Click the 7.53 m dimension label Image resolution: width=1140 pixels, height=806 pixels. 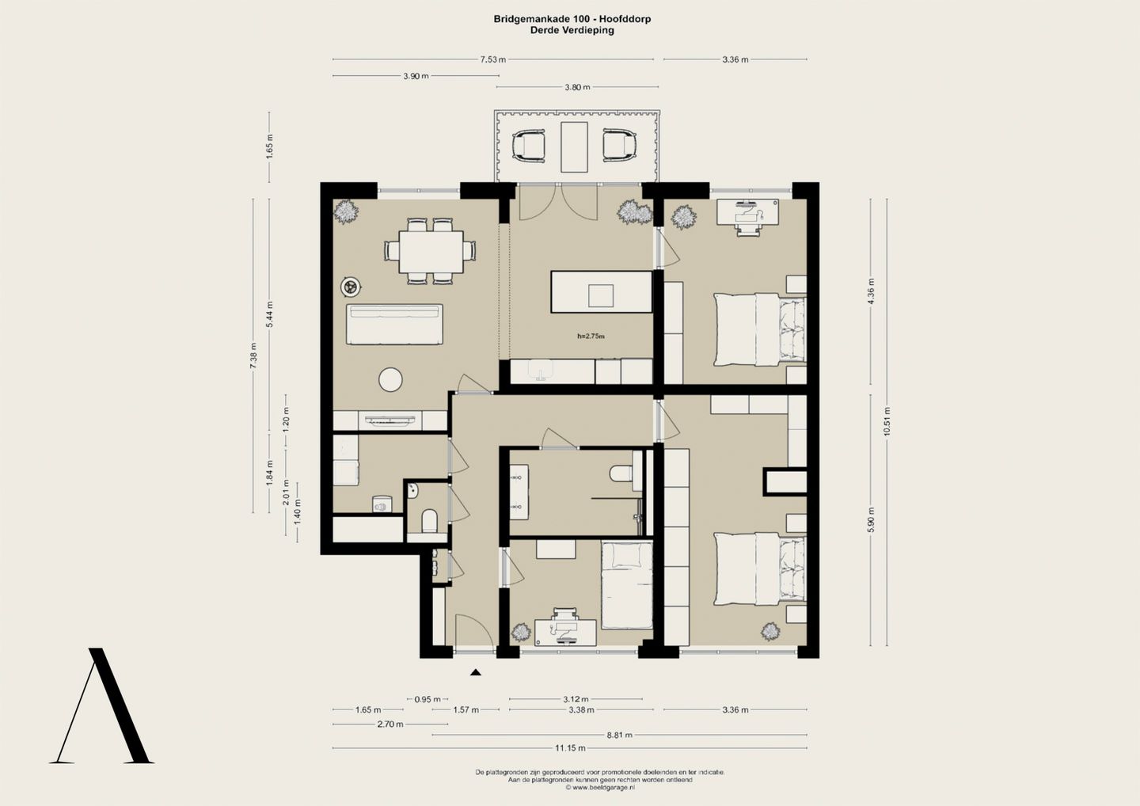pyautogui.click(x=493, y=59)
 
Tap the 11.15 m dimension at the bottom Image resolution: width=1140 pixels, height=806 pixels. pyautogui.click(x=570, y=748)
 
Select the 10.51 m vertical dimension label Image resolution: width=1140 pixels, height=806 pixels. pyautogui.click(x=887, y=421)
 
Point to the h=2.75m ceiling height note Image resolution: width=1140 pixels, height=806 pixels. pyautogui.click(x=591, y=336)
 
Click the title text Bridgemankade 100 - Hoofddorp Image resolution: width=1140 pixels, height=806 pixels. pyautogui.click(x=572, y=19)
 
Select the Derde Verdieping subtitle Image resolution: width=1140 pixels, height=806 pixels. pyautogui.click(x=572, y=30)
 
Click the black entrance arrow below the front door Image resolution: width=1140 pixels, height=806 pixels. pyautogui.click(x=475, y=672)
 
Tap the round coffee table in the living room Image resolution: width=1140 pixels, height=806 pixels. pyautogui.click(x=390, y=379)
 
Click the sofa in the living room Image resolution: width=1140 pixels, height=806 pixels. pyautogui.click(x=394, y=324)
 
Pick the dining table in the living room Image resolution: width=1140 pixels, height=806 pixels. pyautogui.click(x=431, y=251)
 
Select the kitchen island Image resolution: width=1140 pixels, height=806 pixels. pyautogui.click(x=601, y=291)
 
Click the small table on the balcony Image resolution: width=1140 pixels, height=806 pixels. pyautogui.click(x=574, y=147)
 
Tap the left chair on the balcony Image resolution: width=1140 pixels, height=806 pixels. pyautogui.click(x=529, y=146)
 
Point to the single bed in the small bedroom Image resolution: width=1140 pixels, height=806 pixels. pyautogui.click(x=626, y=586)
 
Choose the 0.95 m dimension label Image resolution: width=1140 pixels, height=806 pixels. pyautogui.click(x=427, y=699)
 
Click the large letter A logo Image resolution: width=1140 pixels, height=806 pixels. pyautogui.click(x=102, y=705)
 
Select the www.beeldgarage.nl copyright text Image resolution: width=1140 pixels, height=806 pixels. pyautogui.click(x=600, y=787)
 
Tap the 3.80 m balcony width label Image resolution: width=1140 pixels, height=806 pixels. pyautogui.click(x=577, y=87)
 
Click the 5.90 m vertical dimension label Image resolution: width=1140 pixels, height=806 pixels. pyautogui.click(x=871, y=519)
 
